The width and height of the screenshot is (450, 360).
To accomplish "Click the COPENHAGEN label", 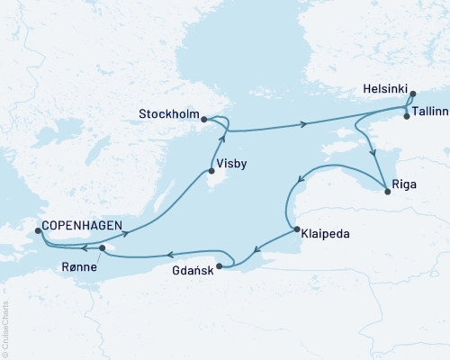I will point(79,228).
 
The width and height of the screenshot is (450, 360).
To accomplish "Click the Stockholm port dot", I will point(204,119).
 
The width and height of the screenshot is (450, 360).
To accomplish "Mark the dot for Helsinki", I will point(412,94).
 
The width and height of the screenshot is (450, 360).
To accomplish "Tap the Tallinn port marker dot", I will point(407,116).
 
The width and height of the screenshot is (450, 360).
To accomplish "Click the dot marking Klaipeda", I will point(298,230).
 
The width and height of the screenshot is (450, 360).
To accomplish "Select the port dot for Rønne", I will point(103,248).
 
